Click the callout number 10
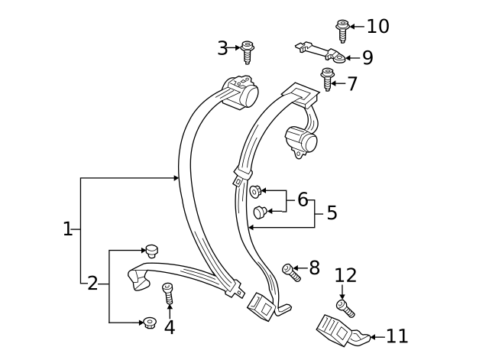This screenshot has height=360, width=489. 377,27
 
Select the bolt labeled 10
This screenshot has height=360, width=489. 342,30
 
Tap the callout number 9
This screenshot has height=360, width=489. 368,58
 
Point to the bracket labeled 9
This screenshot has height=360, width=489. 321,51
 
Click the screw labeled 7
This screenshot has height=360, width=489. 328,79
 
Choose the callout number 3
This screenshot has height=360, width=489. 222,48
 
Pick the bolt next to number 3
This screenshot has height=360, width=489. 247,52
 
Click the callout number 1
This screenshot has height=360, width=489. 67,229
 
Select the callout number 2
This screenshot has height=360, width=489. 92,284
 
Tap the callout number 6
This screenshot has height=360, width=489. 303,200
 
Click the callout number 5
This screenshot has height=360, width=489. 332,212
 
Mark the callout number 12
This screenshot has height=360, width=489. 345,275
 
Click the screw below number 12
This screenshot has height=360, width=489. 345,308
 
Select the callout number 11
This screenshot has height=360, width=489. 397,336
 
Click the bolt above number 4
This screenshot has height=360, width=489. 169,293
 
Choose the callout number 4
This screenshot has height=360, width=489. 170,327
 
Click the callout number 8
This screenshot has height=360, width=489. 314,268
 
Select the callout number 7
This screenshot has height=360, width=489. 352,84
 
